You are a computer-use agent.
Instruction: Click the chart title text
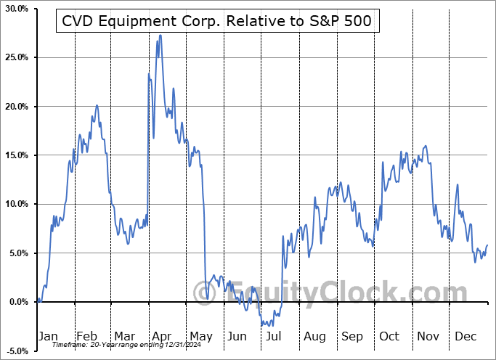pos(216,22)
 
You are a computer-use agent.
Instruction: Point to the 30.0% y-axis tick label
pos(15,9)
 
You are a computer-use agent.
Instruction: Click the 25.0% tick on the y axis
pos(15,57)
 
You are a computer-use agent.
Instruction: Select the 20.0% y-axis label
pos(15,107)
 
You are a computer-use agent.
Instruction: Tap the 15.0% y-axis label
pos(15,155)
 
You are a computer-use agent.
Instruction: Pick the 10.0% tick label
pos(15,204)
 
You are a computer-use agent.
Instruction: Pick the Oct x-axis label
pos(389,337)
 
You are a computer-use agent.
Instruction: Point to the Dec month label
pos(466,337)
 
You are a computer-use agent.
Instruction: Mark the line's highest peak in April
pos(160,35)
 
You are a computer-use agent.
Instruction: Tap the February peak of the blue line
pos(97,105)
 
